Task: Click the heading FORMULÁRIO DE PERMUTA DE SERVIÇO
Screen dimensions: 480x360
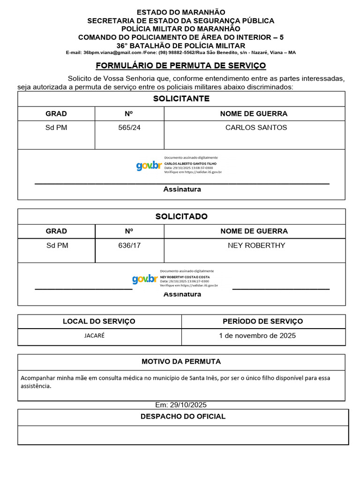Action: pyautogui.click(x=181, y=66)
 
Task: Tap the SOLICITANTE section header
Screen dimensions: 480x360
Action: pyautogui.click(x=181, y=99)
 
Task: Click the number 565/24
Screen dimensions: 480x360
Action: pyautogui.click(x=129, y=127)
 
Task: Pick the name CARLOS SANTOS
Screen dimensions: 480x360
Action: pyautogui.click(x=256, y=127)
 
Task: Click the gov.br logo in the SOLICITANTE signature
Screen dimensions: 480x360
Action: pyautogui.click(x=149, y=166)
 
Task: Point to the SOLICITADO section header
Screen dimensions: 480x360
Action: pyautogui.click(x=181, y=217)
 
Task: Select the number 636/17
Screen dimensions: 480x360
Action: pyautogui.click(x=129, y=246)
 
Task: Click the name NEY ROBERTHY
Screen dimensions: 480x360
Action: pyautogui.click(x=256, y=246)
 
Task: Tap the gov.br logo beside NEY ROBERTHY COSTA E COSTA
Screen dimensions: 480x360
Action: pyautogui.click(x=144, y=279)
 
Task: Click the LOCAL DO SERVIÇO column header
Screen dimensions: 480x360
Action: pyautogui.click(x=99, y=322)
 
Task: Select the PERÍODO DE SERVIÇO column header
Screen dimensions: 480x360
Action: pyautogui.click(x=262, y=322)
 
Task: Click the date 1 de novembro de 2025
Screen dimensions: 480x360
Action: pyautogui.click(x=257, y=336)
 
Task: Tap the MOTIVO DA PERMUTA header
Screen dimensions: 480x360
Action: pyautogui.click(x=181, y=362)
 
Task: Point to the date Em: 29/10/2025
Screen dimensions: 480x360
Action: pyautogui.click(x=181, y=405)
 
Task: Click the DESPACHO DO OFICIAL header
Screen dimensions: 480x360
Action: pyautogui.click(x=183, y=417)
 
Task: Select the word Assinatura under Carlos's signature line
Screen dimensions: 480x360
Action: pyautogui.click(x=182, y=189)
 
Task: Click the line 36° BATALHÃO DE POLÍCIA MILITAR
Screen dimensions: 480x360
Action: pyautogui.click(x=181, y=46)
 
